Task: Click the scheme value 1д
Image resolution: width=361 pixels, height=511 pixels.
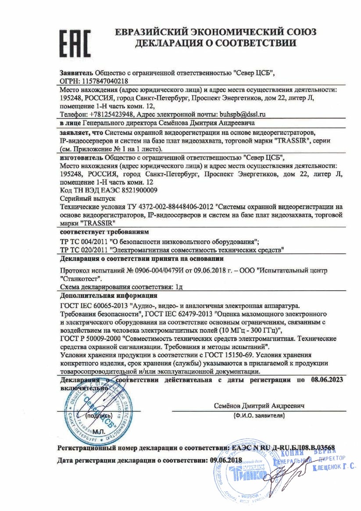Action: (179, 287)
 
